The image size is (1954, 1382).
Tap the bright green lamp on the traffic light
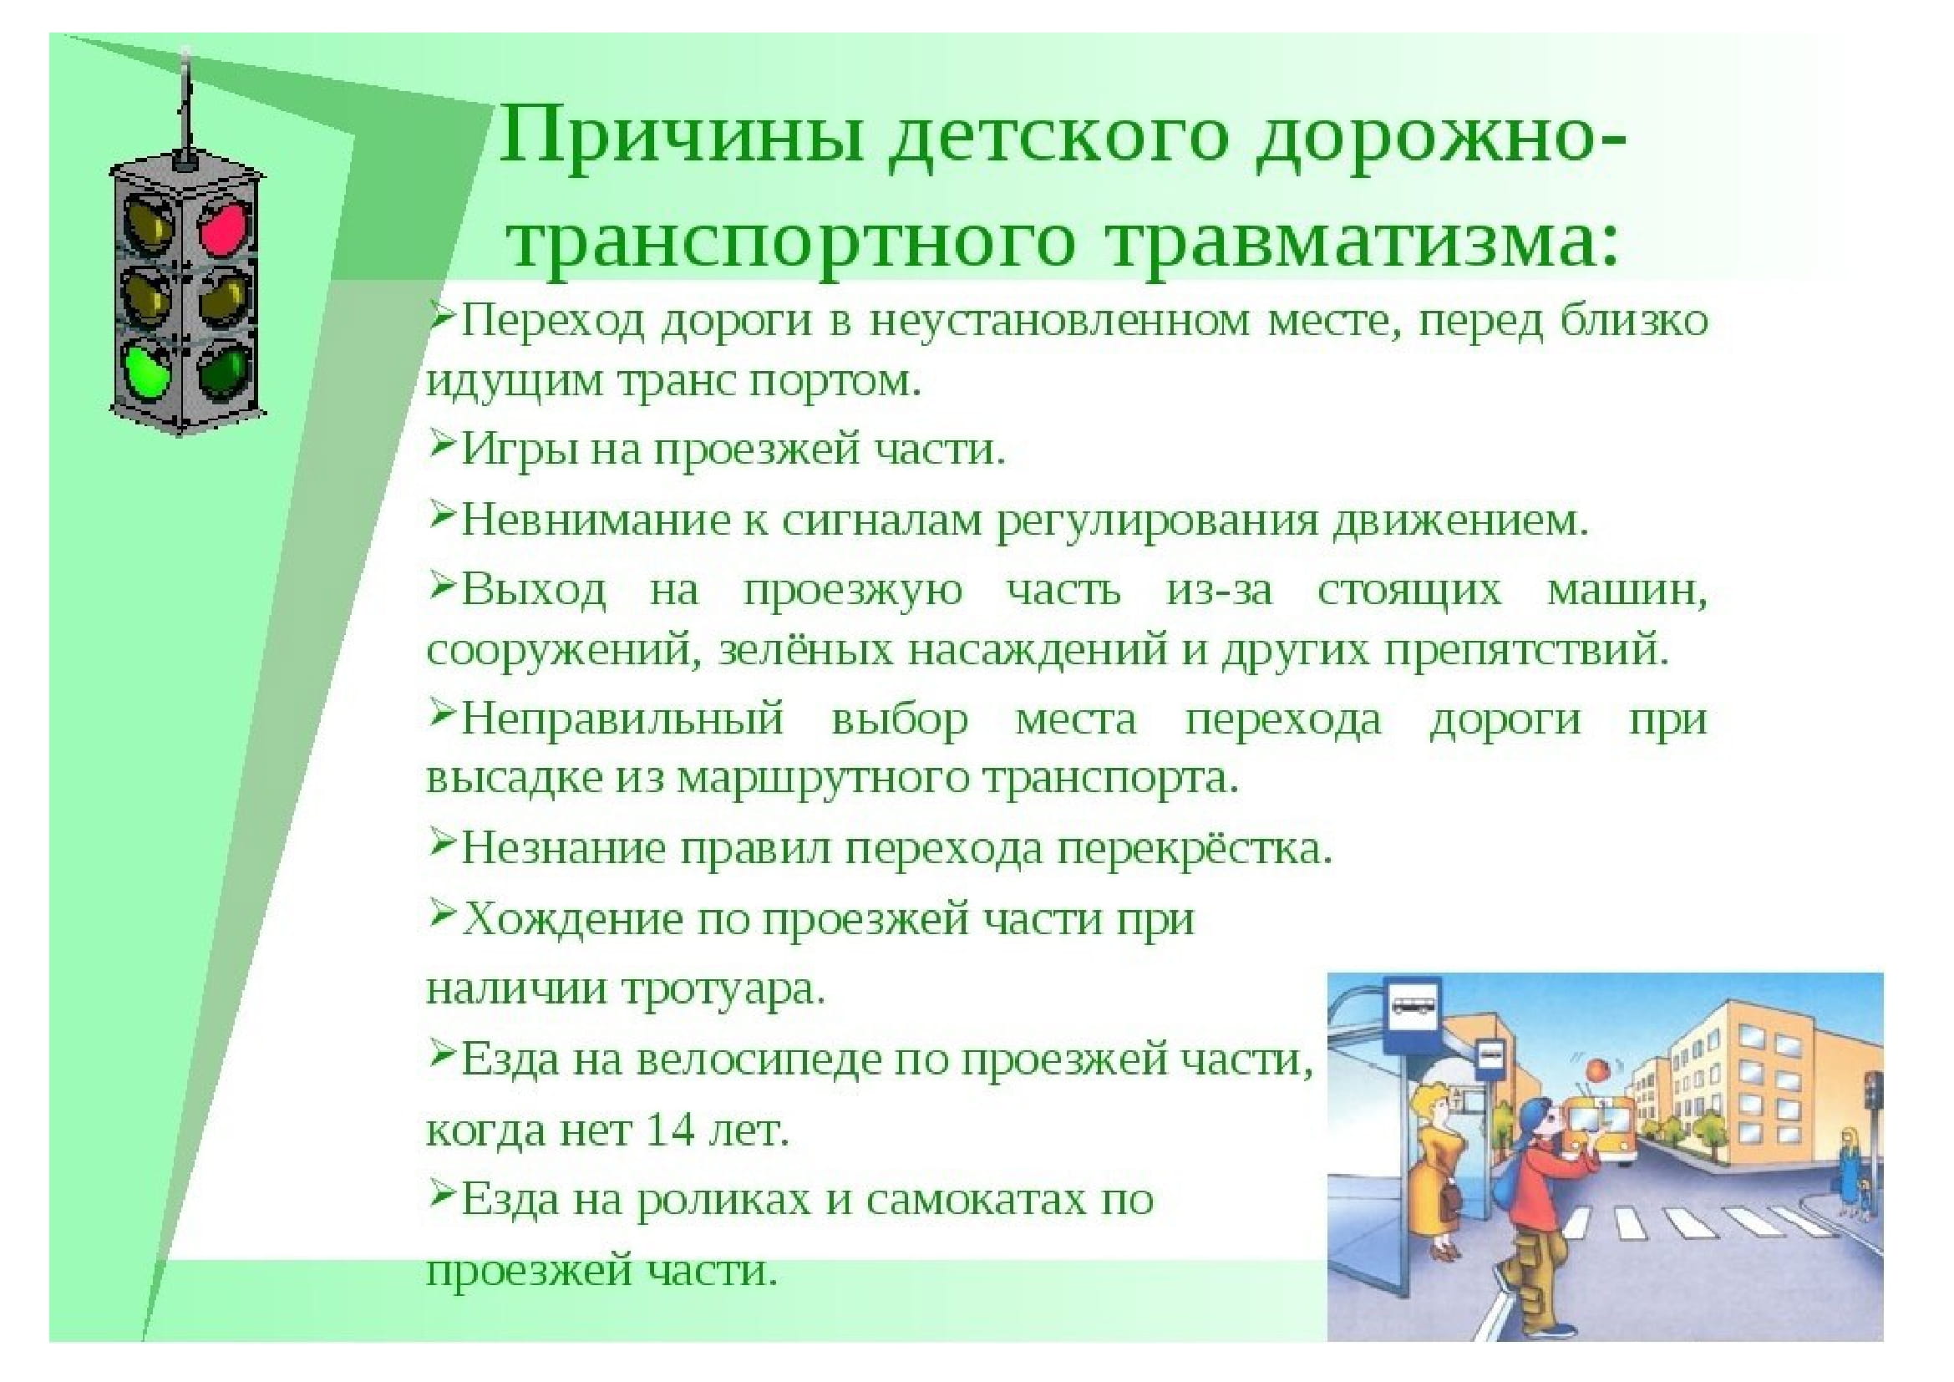pos(147,368)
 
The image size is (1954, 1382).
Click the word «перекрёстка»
pos(1194,848)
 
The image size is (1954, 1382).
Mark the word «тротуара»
pos(723,989)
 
